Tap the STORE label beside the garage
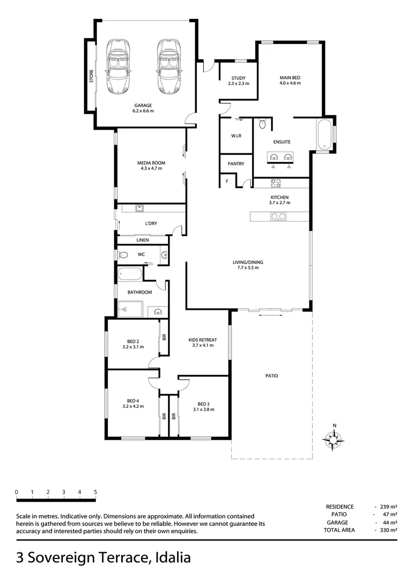(x=92, y=76)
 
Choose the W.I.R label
(x=236, y=136)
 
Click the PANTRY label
(x=236, y=164)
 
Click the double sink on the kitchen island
(x=279, y=217)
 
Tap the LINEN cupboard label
(x=143, y=240)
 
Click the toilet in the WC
(x=122, y=255)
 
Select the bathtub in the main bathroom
(x=130, y=274)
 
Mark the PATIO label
(x=271, y=375)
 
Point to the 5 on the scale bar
(x=95, y=492)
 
